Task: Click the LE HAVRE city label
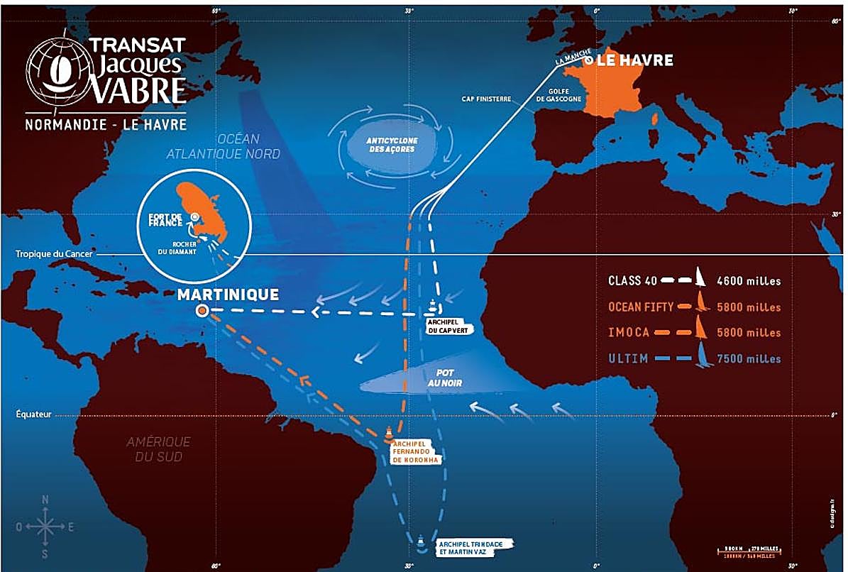click(634, 60)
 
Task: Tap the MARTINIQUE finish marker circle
click(202, 310)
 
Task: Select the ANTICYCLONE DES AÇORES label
click(390, 144)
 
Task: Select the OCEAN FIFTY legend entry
click(642, 307)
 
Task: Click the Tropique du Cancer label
click(47, 254)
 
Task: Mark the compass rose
click(45, 526)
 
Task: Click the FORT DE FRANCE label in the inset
click(160, 220)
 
